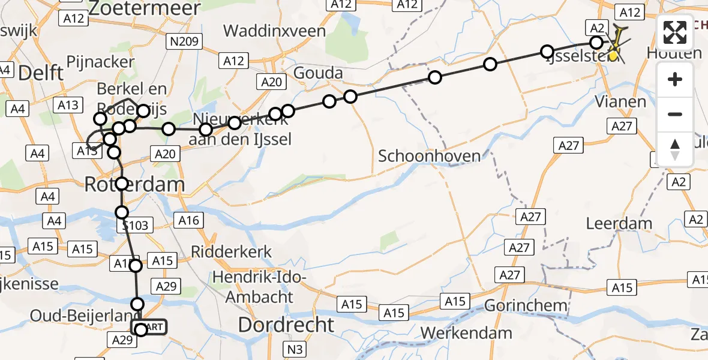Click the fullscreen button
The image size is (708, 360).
(675, 32)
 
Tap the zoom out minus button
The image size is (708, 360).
(675, 114)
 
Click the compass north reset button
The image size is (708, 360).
(675, 149)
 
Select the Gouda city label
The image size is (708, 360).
(318, 73)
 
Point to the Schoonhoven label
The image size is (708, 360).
(429, 157)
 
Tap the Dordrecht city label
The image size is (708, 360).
(286, 325)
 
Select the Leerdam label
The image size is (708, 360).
(620, 223)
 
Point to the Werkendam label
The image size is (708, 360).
(466, 332)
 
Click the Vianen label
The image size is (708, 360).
(620, 101)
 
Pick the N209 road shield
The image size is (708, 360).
(185, 41)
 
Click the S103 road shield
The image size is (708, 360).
(134, 226)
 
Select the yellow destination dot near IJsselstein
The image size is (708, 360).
(613, 56)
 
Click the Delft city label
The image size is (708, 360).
(41, 73)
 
